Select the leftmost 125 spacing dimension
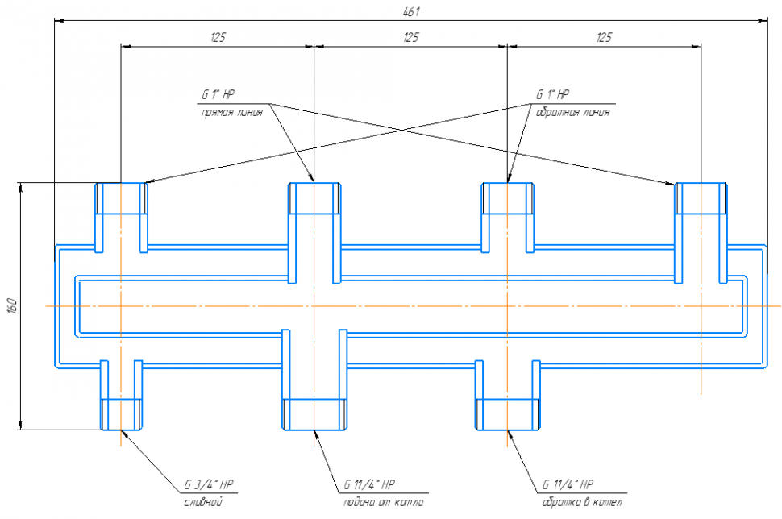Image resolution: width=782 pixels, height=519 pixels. [217, 37]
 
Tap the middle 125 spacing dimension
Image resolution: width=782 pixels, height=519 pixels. [410, 37]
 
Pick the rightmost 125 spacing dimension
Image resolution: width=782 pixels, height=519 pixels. [604, 37]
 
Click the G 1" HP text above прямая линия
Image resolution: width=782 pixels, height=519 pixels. [218, 94]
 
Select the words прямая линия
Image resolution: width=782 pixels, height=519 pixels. [231, 113]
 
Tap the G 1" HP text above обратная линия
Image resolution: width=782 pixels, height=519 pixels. [553, 94]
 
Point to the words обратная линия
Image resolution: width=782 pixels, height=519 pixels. [572, 113]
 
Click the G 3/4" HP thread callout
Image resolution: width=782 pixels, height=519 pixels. [209, 485]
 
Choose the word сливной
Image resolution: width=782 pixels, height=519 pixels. [203, 503]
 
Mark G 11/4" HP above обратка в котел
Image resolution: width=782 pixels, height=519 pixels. [568, 485]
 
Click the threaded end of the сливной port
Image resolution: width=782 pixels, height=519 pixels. [121, 413]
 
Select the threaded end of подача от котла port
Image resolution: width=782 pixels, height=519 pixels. [314, 413]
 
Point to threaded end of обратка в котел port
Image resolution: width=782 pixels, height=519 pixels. [507, 413]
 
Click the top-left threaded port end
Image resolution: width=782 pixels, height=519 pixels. [122, 198]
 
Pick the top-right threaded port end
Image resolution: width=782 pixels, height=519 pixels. [701, 198]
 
